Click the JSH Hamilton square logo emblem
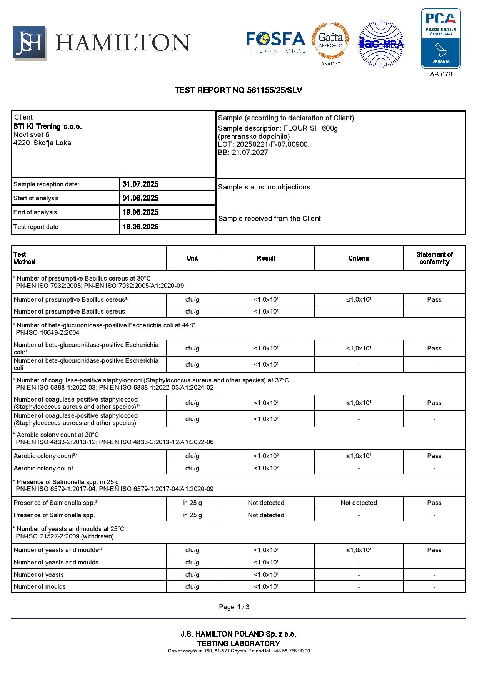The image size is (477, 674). (29, 43)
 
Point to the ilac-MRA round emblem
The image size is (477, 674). (381, 44)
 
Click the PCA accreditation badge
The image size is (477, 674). (440, 38)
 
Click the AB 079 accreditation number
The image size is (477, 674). (441, 74)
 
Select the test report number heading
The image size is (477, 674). (238, 90)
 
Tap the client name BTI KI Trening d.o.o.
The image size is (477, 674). (48, 126)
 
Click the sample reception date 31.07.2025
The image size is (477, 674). (140, 184)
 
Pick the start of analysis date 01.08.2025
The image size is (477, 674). (140, 198)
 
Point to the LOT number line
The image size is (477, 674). (264, 144)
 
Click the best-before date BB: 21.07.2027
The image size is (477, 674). (243, 153)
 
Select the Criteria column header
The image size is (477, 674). (359, 258)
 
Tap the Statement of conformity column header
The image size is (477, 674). (434, 258)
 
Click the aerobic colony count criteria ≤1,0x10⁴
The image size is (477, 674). (359, 456)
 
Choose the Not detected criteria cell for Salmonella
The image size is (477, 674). (359, 503)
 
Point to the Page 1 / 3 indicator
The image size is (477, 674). (234, 607)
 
